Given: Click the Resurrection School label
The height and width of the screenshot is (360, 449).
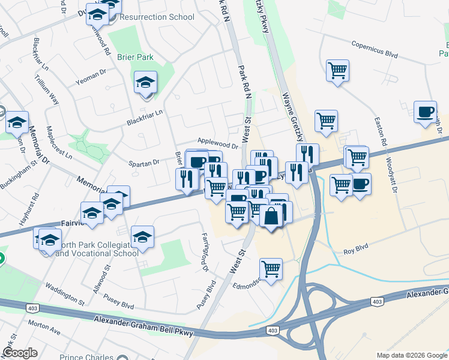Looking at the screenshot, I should [x=157, y=17].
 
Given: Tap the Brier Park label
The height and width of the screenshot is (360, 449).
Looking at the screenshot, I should [x=136, y=57].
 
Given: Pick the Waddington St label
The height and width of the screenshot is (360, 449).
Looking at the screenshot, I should [x=65, y=292].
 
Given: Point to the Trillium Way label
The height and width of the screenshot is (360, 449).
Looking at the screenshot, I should [x=46, y=89].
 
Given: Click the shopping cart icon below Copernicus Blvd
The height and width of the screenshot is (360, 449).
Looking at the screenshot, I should [x=337, y=70].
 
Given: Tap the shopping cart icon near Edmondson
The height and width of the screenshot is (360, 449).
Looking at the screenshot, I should [x=271, y=269].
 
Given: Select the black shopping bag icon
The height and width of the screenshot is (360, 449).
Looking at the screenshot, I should [x=271, y=216].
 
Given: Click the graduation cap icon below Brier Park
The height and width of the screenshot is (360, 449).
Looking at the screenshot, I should [x=145, y=83].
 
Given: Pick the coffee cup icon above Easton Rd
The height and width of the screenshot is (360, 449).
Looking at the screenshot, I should [x=425, y=112].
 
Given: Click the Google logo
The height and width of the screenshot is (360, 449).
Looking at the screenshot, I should [x=19, y=353].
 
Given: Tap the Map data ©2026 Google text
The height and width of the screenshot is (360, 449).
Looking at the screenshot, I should [x=411, y=355].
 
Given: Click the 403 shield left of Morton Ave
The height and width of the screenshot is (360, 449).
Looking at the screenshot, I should [x=31, y=308].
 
